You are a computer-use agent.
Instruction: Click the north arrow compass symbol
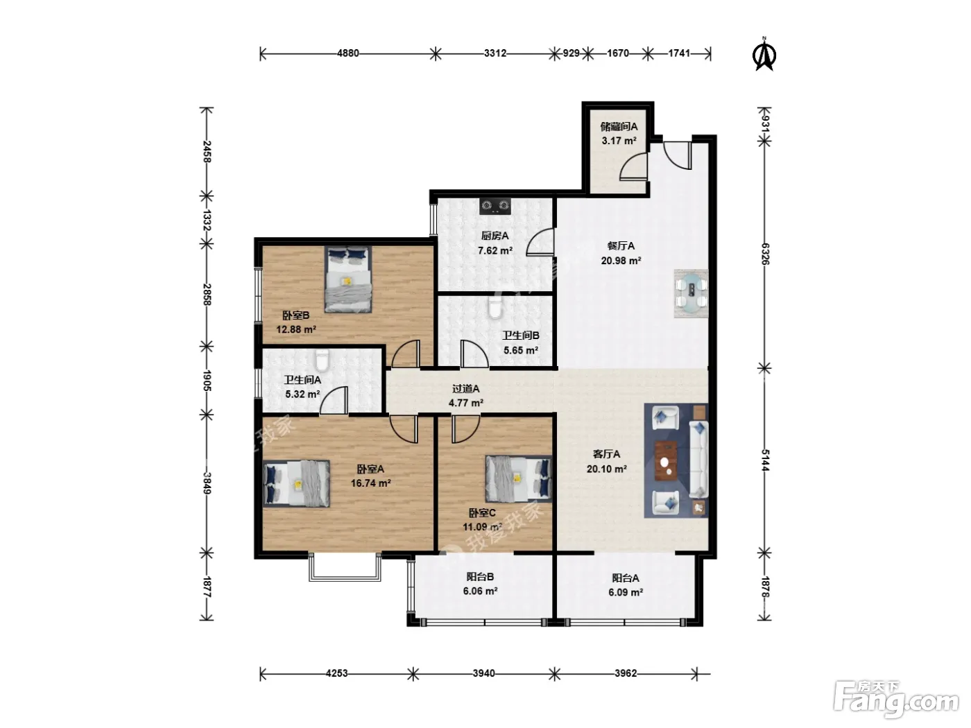tap(764, 55)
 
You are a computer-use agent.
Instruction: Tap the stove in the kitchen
tap(495, 206)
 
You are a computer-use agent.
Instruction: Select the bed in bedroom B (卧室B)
tap(347, 279)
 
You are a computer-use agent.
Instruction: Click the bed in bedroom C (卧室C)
tap(519, 478)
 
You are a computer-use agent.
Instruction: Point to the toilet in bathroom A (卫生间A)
tap(322, 361)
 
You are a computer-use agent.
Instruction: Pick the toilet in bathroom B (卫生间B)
tap(495, 307)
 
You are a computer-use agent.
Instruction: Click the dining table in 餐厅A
tap(691, 293)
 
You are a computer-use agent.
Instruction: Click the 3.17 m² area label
tap(619, 141)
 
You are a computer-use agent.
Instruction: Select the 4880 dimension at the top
tap(347, 53)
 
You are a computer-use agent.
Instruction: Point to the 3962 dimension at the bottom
tap(626, 673)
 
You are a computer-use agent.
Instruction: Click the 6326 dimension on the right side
tap(765, 254)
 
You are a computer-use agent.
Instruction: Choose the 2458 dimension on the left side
tap(207, 152)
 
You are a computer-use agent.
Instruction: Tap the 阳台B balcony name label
tap(480, 577)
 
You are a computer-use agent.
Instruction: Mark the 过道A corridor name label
tap(465, 388)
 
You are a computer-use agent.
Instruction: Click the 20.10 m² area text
tap(606, 469)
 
